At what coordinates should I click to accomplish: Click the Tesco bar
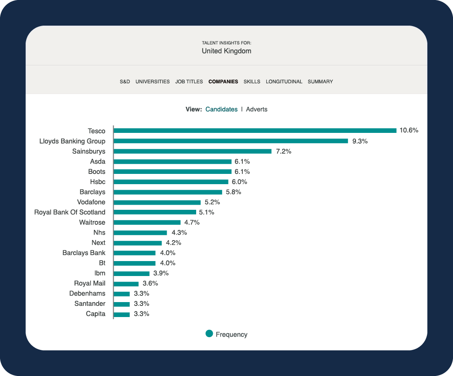[255, 130]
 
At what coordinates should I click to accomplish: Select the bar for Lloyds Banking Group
[231, 141]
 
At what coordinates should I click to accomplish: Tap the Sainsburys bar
[193, 151]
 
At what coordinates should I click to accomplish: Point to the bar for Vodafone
[157, 202]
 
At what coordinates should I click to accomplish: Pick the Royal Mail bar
[126, 284]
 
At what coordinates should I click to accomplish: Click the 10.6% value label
[409, 130]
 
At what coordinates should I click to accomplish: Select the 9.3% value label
[360, 141]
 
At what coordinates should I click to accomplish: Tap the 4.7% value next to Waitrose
[192, 222]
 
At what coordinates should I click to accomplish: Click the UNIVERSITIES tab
[153, 82]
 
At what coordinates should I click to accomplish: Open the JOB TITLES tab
[189, 82]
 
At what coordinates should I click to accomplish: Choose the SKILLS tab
[252, 82]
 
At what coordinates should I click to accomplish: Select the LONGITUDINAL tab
[284, 82]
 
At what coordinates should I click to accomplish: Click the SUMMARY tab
[320, 82]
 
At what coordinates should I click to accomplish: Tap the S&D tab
[125, 82]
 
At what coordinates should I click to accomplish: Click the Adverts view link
[256, 109]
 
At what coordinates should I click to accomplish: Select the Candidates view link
[221, 109]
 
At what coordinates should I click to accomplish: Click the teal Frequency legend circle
[209, 334]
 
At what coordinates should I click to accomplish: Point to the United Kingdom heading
[226, 51]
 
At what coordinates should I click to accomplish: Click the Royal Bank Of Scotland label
[70, 212]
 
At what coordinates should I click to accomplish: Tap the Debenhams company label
[87, 294]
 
